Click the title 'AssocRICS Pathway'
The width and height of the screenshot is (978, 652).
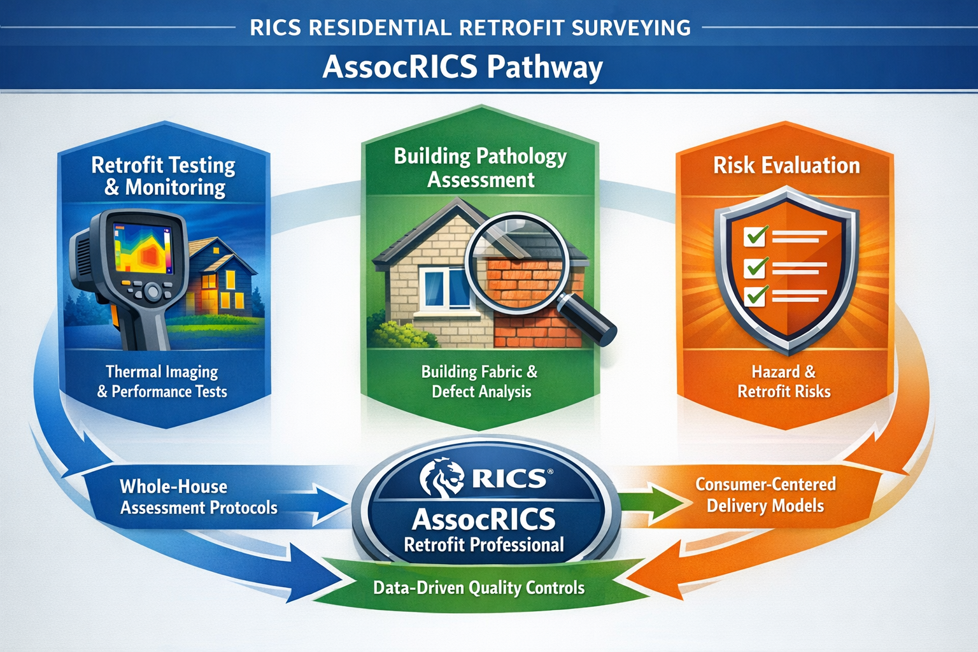click(x=462, y=67)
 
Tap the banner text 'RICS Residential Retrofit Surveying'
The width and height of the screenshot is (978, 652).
click(x=470, y=28)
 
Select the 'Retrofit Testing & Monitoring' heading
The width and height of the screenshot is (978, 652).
click(x=164, y=176)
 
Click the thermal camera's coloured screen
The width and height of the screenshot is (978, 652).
click(x=143, y=248)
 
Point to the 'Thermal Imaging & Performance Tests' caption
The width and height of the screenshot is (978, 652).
click(x=162, y=381)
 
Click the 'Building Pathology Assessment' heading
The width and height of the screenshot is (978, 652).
click(x=480, y=167)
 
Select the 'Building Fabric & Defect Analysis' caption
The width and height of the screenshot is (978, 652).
click(x=480, y=381)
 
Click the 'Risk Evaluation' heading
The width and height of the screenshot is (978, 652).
click(x=786, y=166)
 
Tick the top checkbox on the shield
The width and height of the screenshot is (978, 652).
click(x=756, y=237)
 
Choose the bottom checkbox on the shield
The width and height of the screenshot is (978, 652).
click(x=756, y=296)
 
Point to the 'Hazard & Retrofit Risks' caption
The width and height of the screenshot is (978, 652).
click(x=784, y=381)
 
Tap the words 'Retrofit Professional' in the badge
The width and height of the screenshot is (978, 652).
click(x=484, y=545)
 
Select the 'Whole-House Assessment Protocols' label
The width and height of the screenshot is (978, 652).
click(x=198, y=497)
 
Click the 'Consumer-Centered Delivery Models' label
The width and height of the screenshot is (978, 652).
click(x=765, y=495)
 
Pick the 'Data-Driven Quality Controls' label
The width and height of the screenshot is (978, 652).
click(x=479, y=587)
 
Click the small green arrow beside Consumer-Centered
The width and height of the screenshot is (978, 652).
click(x=656, y=500)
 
